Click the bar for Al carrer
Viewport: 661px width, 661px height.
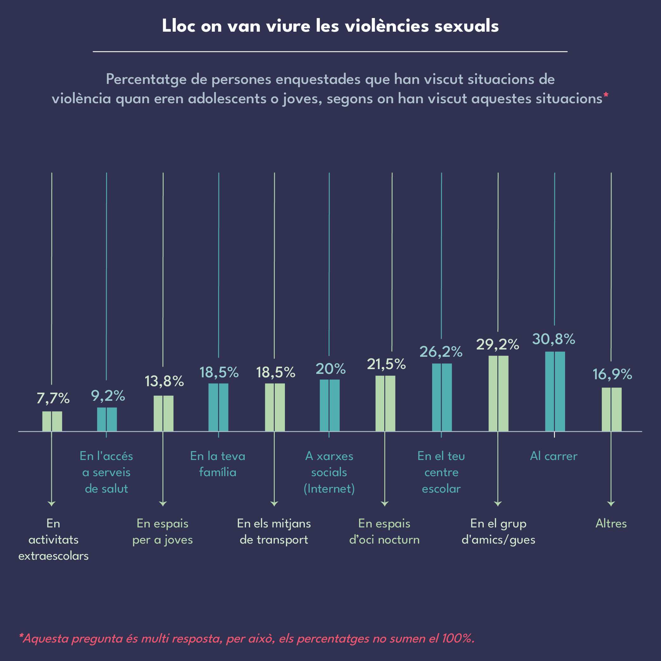click(x=555, y=391)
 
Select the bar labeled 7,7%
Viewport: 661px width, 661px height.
click(x=52, y=421)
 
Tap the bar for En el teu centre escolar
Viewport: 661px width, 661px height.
click(x=442, y=397)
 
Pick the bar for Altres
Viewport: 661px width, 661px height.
click(x=611, y=409)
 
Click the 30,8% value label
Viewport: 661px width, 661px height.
click(x=553, y=339)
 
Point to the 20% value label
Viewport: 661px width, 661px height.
click(x=330, y=368)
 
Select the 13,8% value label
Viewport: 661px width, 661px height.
click(x=164, y=381)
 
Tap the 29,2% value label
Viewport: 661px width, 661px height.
click(x=497, y=344)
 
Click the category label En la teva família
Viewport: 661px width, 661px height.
click(x=218, y=464)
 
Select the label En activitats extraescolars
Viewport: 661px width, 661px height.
click(x=54, y=539)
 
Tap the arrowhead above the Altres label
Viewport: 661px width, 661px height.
click(x=611, y=504)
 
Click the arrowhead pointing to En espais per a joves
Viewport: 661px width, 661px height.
click(x=163, y=504)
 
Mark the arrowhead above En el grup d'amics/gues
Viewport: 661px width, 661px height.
click(x=498, y=504)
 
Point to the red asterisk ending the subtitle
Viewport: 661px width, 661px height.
click(x=606, y=95)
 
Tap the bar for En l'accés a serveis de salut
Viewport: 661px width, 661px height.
click(x=107, y=419)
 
